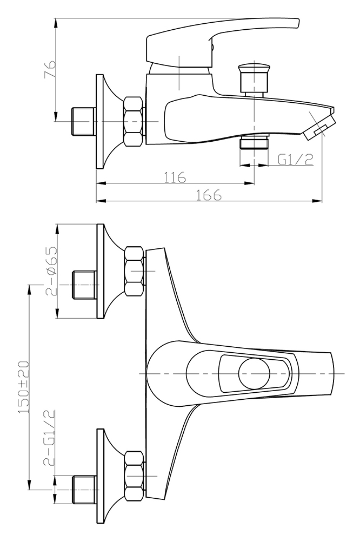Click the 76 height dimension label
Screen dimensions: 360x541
coord(50,69)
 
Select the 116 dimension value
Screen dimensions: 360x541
coord(175,177)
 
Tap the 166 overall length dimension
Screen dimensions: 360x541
coord(209,195)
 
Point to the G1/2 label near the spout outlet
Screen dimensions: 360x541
coord(296,159)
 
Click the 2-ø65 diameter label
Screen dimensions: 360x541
coord(50,271)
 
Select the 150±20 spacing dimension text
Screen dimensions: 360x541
coord(23,387)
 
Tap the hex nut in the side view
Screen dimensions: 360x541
coord(134,121)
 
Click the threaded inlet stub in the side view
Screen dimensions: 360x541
coord(84,121)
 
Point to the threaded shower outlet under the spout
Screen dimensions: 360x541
coord(254,142)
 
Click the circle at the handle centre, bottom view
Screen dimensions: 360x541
coord(255,374)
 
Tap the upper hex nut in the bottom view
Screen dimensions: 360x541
coord(134,271)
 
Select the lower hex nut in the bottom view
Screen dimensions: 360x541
coord(134,476)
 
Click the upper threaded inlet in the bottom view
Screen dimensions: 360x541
coord(84,285)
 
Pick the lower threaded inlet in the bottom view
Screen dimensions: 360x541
coord(84,490)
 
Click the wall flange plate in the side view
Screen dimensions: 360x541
coord(100,121)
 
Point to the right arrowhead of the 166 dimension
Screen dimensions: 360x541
coord(318,200)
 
